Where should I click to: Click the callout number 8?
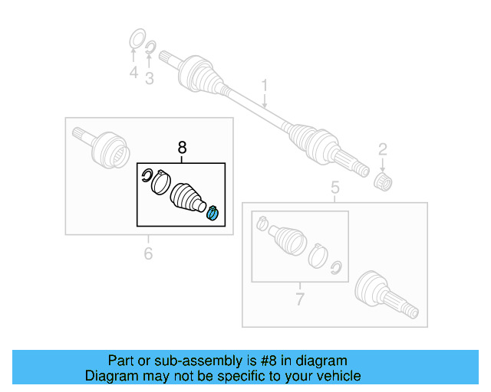(182, 147)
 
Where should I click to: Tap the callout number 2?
(382, 149)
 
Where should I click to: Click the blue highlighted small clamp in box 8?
(213, 214)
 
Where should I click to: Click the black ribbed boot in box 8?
(187, 198)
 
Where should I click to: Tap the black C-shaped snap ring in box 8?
(147, 178)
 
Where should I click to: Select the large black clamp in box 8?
(161, 185)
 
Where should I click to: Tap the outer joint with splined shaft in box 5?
(384, 295)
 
